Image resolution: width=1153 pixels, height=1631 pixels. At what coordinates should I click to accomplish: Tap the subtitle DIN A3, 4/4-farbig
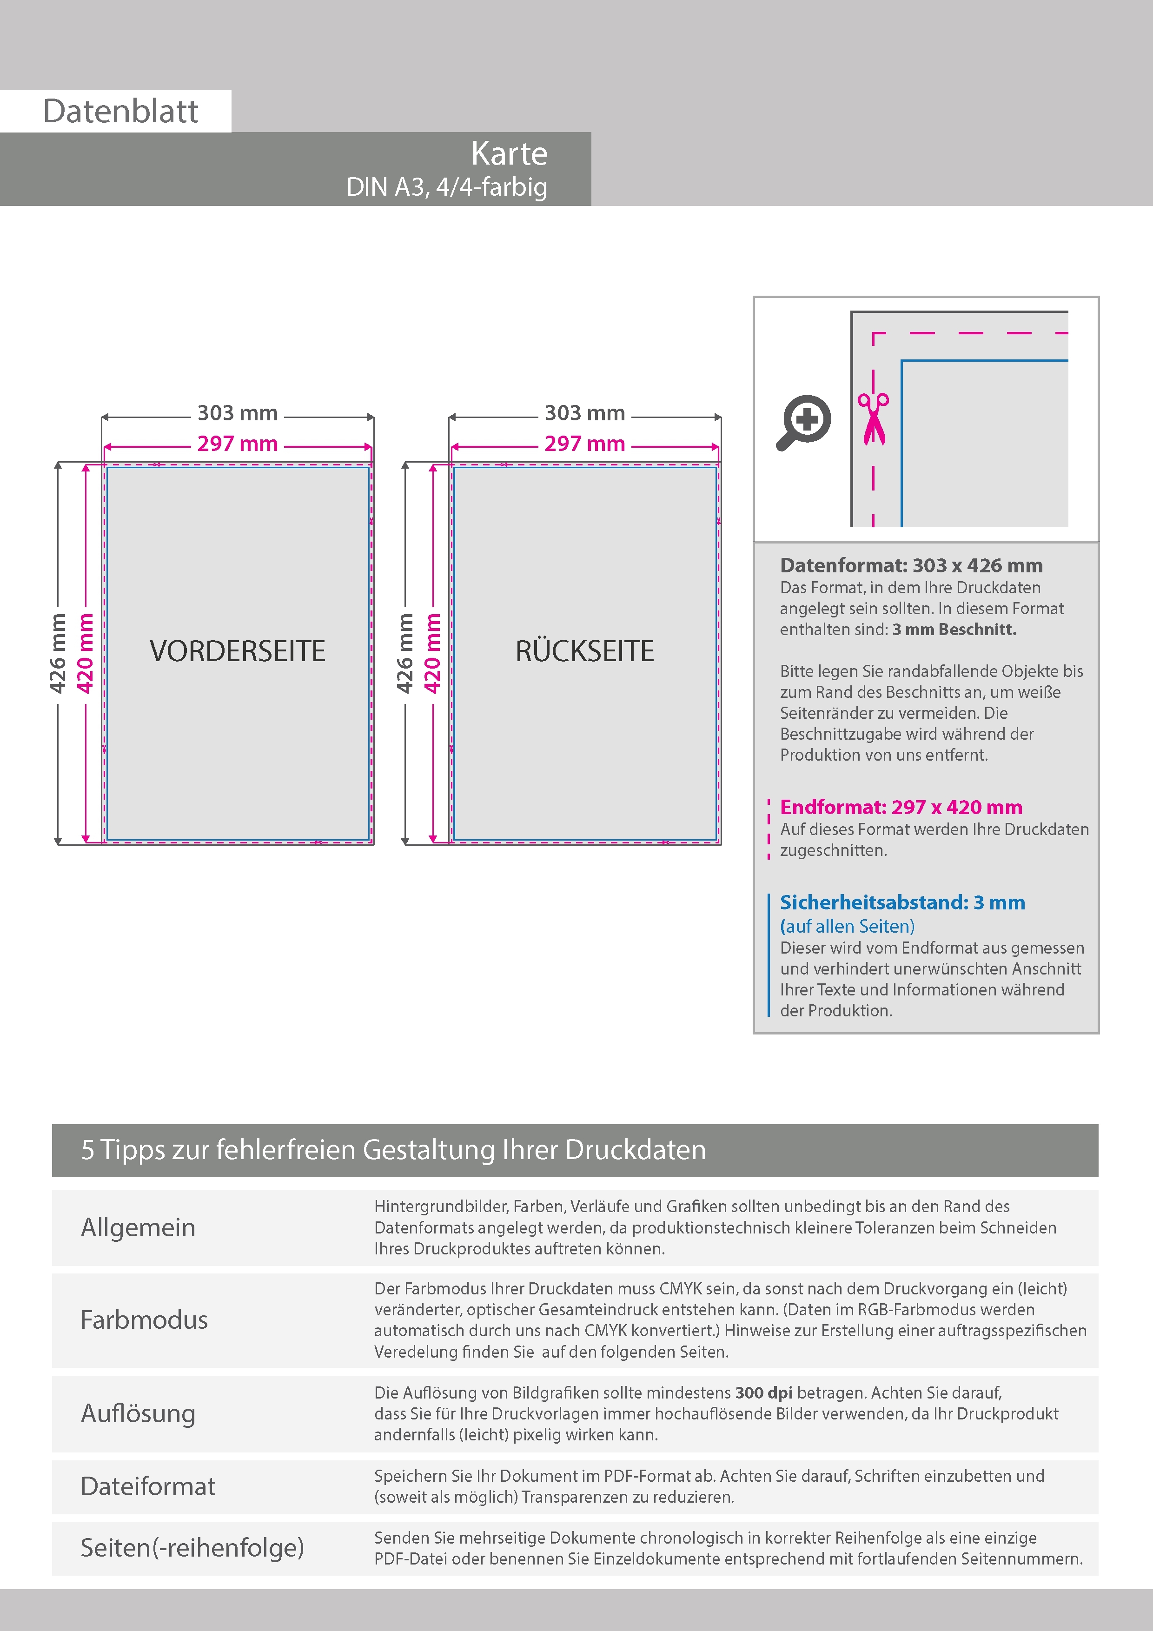[x=446, y=187]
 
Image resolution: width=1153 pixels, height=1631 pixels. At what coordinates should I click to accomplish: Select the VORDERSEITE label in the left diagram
[x=237, y=651]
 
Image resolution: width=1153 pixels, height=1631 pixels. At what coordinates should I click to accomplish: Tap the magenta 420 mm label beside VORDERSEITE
[x=85, y=653]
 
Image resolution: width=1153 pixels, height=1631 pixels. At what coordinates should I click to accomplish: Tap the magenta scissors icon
[x=873, y=418]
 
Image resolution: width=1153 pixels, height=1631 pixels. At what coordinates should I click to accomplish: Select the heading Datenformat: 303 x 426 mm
[x=911, y=565]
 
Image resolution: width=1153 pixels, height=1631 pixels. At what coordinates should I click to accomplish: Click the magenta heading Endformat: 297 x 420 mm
[x=901, y=807]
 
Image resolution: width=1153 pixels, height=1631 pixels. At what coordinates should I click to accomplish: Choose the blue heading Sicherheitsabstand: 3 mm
[x=902, y=902]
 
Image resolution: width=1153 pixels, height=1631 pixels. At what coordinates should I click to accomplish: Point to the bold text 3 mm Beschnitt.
[x=954, y=630]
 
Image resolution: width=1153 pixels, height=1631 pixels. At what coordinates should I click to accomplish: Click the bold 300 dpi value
[x=764, y=1392]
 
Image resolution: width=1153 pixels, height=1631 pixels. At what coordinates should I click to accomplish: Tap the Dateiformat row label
[x=148, y=1486]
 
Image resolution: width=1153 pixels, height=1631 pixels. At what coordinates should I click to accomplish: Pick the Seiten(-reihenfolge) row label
[x=192, y=1547]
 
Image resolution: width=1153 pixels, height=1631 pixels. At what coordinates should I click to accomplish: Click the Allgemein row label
[x=138, y=1227]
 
